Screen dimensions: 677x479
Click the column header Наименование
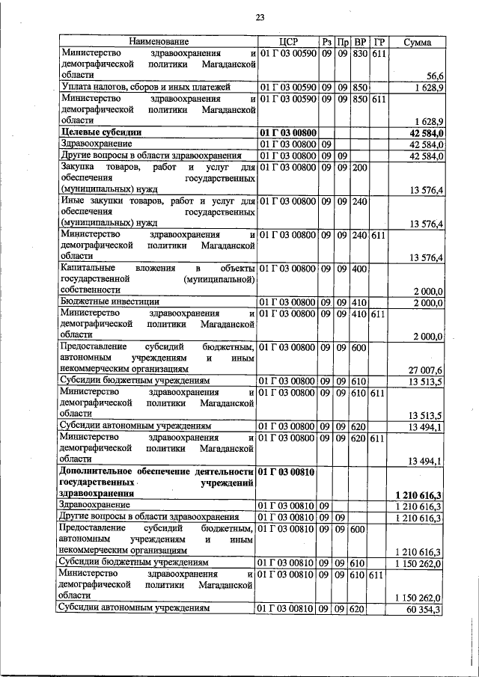point(157,42)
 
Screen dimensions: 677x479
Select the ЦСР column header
point(288,42)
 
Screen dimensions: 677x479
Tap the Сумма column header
point(416,42)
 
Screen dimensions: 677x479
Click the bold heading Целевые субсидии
point(101,132)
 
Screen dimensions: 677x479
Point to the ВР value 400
point(359,268)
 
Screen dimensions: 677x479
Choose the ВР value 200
point(359,167)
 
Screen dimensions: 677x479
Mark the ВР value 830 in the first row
point(359,54)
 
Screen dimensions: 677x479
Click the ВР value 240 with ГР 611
point(359,234)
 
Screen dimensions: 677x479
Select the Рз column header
point(327,42)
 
